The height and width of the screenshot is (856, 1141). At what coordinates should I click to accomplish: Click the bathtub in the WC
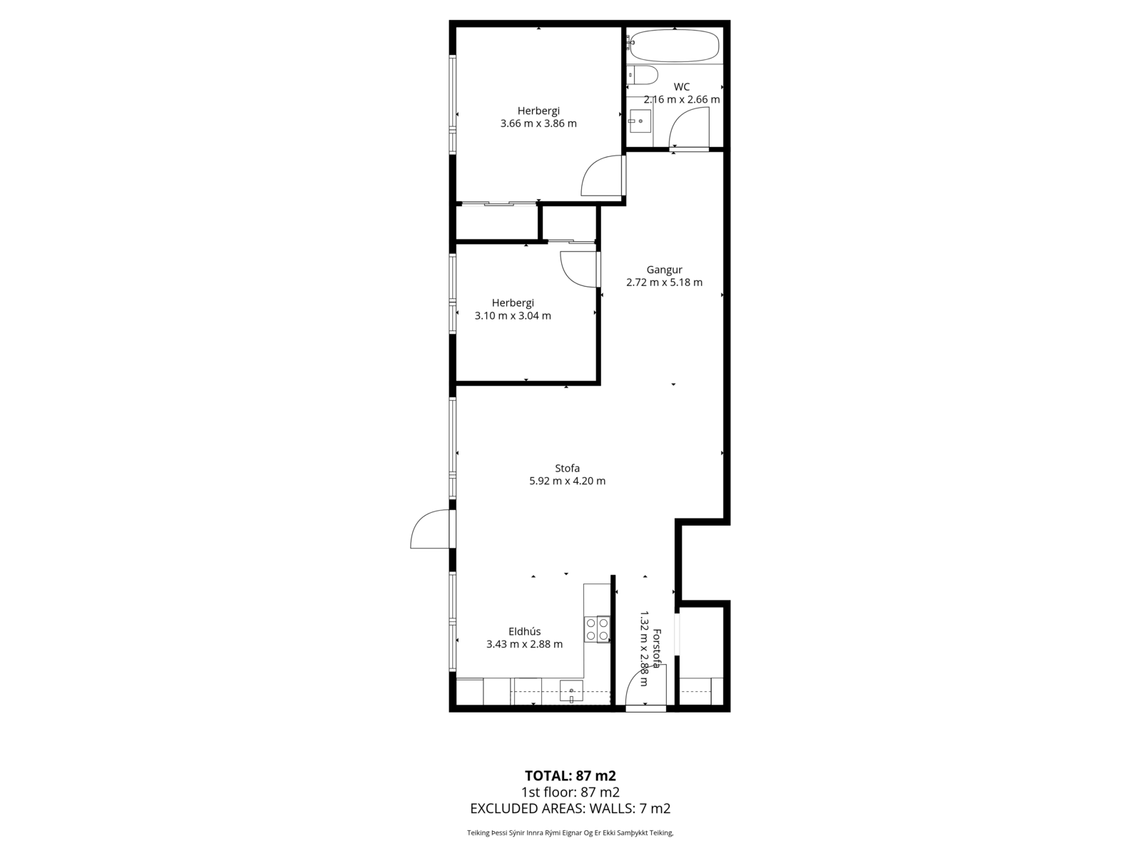point(674,46)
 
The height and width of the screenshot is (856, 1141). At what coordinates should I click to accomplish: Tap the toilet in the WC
point(643,75)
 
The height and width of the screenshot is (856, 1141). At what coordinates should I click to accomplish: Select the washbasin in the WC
point(640,121)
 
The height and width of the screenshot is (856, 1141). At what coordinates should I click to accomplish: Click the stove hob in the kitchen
point(597,629)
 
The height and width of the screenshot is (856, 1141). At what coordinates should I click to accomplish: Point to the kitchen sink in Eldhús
point(571,691)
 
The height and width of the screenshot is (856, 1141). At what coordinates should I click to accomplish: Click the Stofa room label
point(567,468)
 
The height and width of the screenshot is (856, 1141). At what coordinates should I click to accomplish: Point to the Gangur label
point(665,270)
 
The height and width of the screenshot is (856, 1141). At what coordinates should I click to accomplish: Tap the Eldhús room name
point(524,631)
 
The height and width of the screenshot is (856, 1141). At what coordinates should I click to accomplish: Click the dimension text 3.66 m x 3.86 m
point(538,123)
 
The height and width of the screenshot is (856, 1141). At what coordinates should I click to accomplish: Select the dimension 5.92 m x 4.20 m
point(567,481)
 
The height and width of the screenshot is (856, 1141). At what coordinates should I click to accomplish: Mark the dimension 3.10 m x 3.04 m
point(513,316)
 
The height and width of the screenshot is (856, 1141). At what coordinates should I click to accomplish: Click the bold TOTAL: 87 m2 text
point(570,776)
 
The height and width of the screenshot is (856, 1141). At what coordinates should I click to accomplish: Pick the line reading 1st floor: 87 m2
point(570,793)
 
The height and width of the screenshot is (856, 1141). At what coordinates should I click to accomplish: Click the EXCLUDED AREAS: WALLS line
point(570,809)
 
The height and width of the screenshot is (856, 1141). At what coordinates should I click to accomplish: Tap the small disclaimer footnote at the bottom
point(570,832)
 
